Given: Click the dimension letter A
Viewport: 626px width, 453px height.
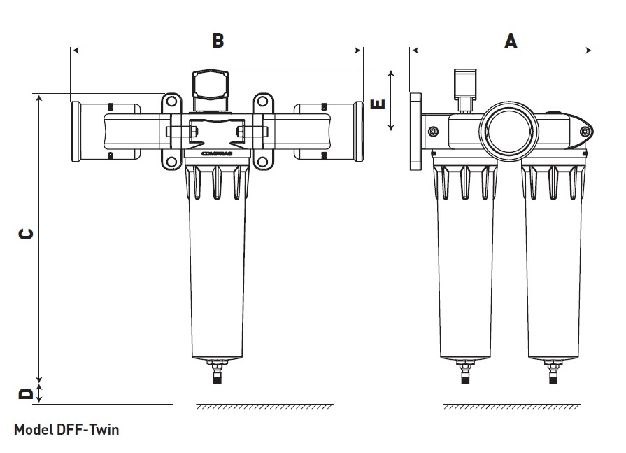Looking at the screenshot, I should [511, 41].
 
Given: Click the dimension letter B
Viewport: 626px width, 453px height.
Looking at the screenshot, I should [218, 41].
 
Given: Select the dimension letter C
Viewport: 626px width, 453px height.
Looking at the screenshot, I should [25, 234].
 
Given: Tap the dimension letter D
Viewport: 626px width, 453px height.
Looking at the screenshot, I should [25, 393].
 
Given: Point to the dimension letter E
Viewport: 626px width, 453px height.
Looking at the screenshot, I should [377, 105].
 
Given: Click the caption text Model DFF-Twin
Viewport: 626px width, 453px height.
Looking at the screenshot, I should [62, 429].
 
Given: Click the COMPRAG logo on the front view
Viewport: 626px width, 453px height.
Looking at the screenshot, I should [216, 151].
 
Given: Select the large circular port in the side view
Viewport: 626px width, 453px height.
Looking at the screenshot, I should [508, 127].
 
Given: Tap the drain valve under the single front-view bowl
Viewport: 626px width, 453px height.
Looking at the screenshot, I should [217, 370].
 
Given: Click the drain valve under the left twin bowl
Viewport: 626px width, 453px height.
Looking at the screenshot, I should [462, 371].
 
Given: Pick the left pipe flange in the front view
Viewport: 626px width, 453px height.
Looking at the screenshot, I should [76, 131].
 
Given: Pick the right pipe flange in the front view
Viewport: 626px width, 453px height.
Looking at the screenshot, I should [359, 131].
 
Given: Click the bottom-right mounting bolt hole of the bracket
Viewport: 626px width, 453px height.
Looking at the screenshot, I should [262, 162].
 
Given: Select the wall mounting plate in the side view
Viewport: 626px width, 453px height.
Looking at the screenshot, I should [416, 132].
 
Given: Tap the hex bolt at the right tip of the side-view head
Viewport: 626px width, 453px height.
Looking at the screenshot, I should [585, 131].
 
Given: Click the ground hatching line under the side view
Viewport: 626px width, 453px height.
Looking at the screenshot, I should [511, 406].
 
